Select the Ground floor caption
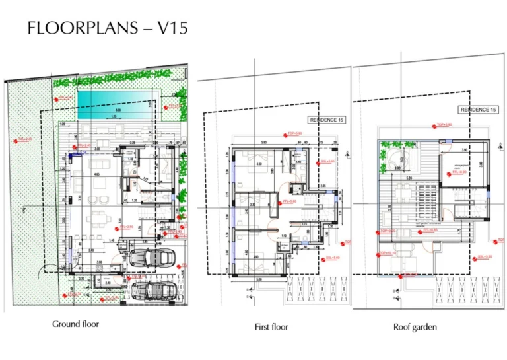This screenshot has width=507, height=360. pyautogui.click(x=76, y=324)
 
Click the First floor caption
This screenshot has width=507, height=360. pyautogui.click(x=271, y=326)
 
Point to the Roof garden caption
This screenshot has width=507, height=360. pyautogui.click(x=415, y=326)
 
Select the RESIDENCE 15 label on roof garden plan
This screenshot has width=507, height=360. pyautogui.click(x=477, y=110)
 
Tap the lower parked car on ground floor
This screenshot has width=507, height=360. pyautogui.click(x=153, y=289)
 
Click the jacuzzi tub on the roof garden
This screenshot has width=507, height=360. pyautogui.click(x=395, y=158)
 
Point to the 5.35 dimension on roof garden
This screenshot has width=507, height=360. pyautogui.click(x=409, y=178)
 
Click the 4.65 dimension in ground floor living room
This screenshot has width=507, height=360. pyautogui.click(x=96, y=175)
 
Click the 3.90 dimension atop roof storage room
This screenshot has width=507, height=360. pyautogui.click(x=464, y=150)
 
